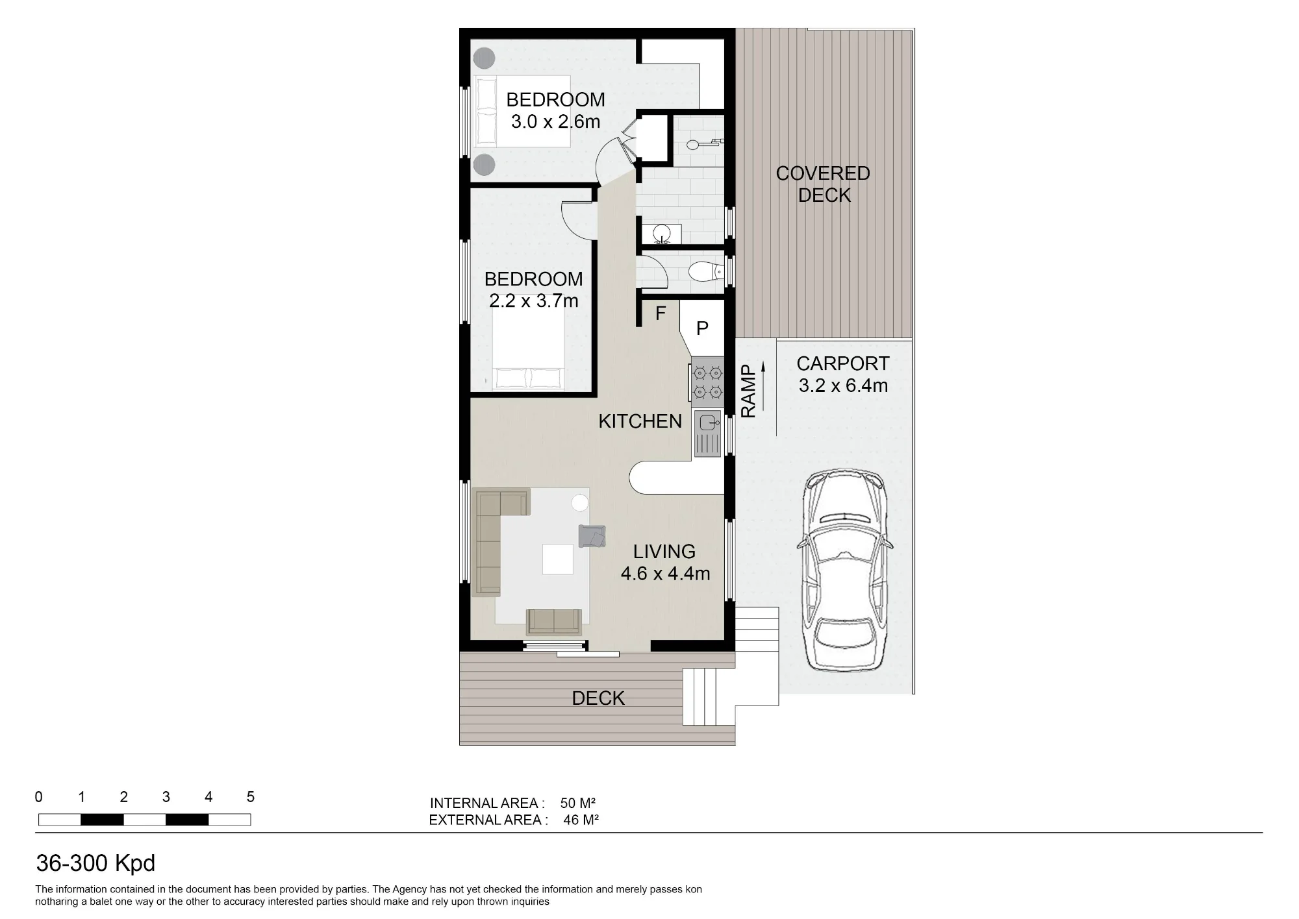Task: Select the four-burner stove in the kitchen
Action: pos(707,382)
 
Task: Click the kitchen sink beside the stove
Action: pos(707,433)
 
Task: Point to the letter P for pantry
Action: pos(702,328)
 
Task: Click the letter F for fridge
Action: pos(661,313)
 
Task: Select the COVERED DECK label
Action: pos(823,184)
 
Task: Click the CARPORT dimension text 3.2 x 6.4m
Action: pos(843,386)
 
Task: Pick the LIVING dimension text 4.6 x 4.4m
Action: pos(665,574)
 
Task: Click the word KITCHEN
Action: pos(640,421)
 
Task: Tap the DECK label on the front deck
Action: pos(598,698)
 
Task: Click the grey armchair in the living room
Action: pos(592,536)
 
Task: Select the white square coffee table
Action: pos(558,559)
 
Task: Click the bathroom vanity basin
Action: pos(662,232)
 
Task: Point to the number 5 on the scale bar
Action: pos(251,797)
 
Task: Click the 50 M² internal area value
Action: pos(578,803)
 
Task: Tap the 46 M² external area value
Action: pos(581,820)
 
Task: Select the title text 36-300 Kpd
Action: pos(95,863)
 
